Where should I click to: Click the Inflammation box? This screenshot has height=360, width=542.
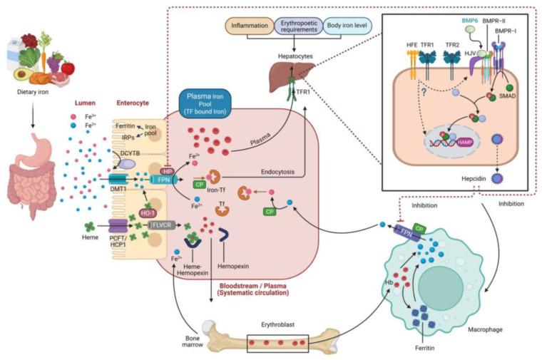pyautogui.click(x=249, y=27)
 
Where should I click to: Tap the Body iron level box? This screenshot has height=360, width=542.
pyautogui.click(x=342, y=27)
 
